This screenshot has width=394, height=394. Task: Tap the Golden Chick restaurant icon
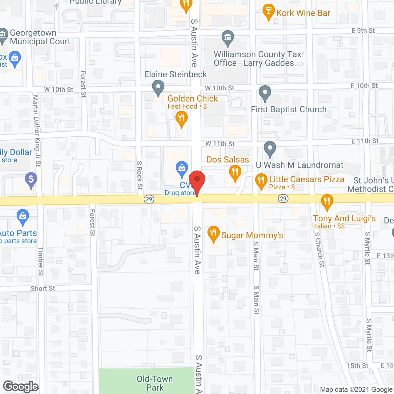(x=182, y=119)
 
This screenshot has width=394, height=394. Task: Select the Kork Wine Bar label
(x=303, y=13)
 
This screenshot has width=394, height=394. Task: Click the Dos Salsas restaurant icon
(x=235, y=172)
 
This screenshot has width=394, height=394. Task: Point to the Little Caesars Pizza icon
(x=261, y=181)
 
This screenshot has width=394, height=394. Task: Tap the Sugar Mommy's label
(x=252, y=235)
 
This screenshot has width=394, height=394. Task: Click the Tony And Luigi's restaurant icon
(x=327, y=202)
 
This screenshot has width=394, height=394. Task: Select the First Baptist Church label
(x=289, y=110)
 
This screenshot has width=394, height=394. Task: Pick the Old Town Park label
(x=155, y=383)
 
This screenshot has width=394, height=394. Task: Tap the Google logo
(x=21, y=387)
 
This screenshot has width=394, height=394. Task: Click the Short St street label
(x=43, y=288)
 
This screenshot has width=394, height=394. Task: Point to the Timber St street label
(x=41, y=262)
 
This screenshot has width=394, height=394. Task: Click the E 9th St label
(x=363, y=31)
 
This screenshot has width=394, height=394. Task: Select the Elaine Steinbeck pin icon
(x=158, y=87)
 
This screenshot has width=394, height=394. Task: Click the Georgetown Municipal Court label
(x=40, y=37)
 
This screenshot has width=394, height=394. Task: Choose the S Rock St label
(x=140, y=175)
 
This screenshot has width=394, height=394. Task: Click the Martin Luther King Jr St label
(x=37, y=131)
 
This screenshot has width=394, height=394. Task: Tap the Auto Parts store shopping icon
(x=23, y=217)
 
